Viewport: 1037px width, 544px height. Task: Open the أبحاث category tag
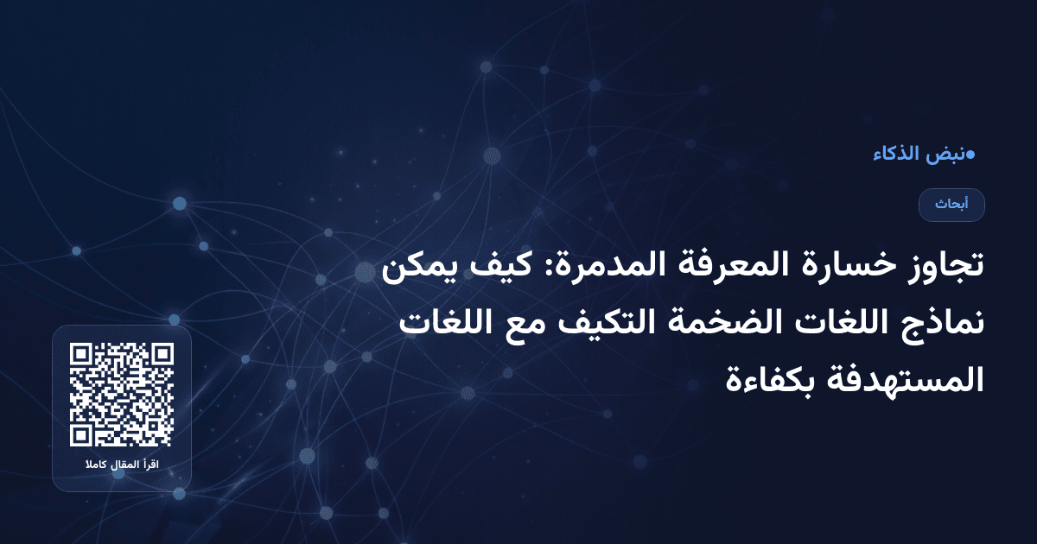(951, 205)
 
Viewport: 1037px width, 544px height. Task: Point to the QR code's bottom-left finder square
(80, 435)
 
